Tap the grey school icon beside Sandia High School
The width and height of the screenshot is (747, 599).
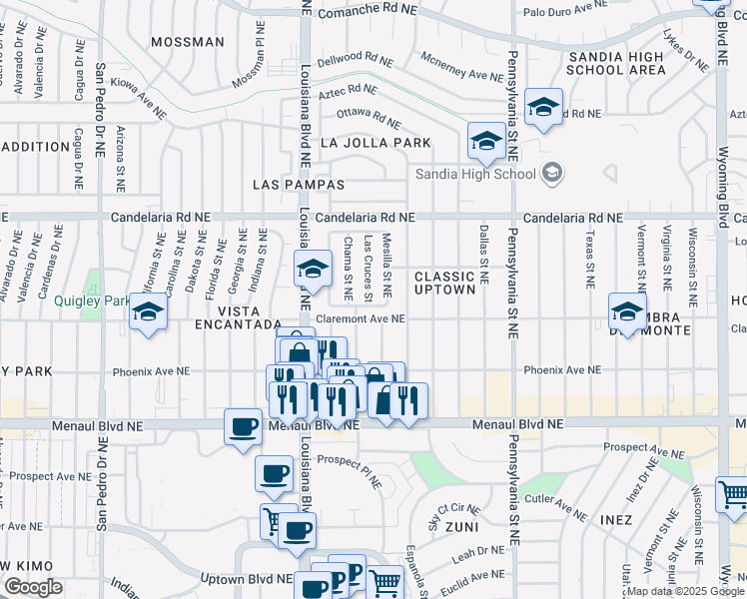coord(551,174)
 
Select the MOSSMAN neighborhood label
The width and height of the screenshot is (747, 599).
coord(187,42)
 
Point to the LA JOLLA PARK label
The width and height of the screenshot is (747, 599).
coord(375,143)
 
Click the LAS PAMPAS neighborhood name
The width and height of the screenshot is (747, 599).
coord(299,185)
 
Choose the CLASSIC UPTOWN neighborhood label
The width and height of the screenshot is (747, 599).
coord(444,283)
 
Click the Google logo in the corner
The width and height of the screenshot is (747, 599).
coord(32,587)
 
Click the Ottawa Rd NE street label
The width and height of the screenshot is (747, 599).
coord(369,118)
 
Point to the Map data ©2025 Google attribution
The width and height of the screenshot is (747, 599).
coord(686,591)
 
